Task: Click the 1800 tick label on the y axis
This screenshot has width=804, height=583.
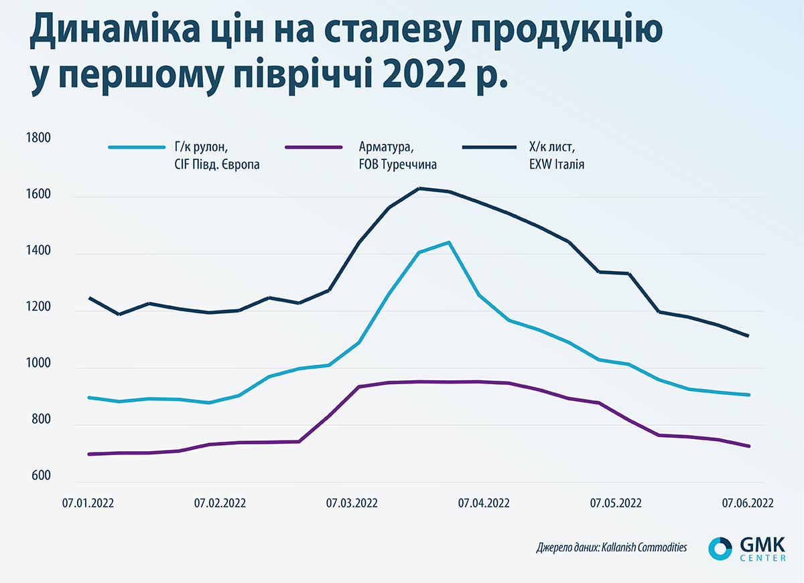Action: (x=38, y=139)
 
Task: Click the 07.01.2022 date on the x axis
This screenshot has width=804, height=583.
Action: (x=88, y=503)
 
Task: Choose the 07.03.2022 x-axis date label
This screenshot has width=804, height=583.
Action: (x=352, y=503)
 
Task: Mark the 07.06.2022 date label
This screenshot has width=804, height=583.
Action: (x=748, y=503)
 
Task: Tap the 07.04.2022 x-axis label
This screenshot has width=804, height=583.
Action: (x=484, y=503)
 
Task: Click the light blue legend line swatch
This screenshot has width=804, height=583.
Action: (x=133, y=147)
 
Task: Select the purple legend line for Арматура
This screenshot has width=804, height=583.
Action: (x=309, y=147)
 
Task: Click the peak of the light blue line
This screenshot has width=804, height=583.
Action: (x=448, y=242)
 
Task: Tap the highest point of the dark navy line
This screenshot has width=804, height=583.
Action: (x=419, y=188)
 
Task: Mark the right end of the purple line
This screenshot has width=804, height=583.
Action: (x=748, y=446)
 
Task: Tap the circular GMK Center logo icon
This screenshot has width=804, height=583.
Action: (x=720, y=547)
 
